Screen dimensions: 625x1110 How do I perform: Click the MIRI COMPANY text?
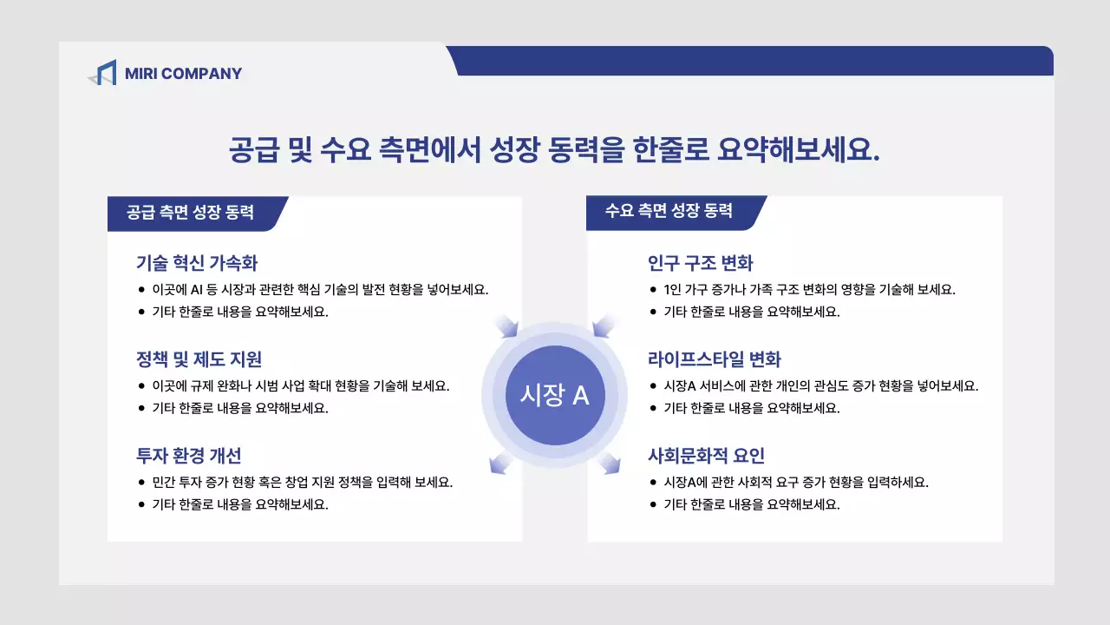tap(183, 74)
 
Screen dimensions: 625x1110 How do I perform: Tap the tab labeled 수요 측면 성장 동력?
tap(669, 211)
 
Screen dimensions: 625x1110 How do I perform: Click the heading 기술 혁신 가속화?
tap(197, 263)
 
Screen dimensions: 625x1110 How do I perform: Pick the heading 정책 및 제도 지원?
tap(199, 359)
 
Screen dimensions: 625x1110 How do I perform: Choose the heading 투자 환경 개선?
tap(188, 456)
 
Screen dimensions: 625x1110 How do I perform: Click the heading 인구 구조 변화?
tap(700, 263)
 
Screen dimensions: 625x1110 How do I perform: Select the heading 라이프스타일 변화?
tap(714, 359)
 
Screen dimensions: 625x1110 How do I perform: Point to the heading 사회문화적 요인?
tap(706, 456)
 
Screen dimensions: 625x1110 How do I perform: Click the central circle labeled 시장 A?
tap(554, 395)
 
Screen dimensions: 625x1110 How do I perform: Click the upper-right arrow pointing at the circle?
tap(605, 326)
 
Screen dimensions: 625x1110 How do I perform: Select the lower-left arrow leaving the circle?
tap(500, 464)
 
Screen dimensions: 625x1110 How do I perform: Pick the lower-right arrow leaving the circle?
tap(610, 464)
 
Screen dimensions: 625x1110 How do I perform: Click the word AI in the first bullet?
tap(196, 290)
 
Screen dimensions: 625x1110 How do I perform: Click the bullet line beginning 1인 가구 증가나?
tap(809, 290)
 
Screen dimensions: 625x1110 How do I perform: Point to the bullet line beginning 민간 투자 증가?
tap(302, 482)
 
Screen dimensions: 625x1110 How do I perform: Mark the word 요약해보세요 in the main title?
tap(799, 148)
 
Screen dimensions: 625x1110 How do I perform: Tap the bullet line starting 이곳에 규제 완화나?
tap(300, 386)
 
